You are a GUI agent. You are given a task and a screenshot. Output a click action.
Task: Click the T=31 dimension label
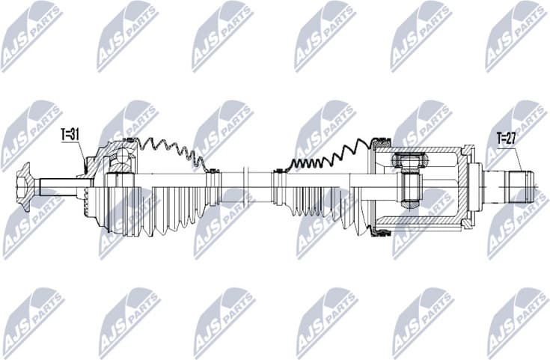click(x=70, y=135)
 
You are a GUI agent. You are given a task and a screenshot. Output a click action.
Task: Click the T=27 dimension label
click(x=507, y=137)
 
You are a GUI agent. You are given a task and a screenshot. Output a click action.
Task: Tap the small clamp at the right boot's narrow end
click(x=278, y=171)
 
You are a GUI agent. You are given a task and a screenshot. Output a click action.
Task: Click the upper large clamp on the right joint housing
click(x=382, y=140)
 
